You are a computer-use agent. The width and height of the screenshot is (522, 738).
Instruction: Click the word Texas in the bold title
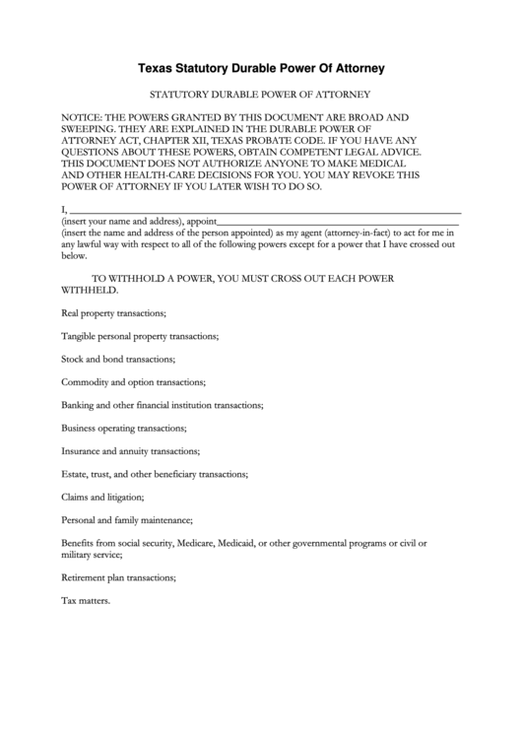click(x=156, y=69)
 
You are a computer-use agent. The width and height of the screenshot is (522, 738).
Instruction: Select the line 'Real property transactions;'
click(x=113, y=312)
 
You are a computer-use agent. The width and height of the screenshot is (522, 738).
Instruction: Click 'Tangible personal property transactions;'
click(x=140, y=336)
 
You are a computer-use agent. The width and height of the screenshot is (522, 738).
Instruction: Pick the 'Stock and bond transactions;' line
click(x=118, y=359)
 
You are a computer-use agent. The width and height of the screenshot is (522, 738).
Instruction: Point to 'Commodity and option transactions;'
click(x=133, y=382)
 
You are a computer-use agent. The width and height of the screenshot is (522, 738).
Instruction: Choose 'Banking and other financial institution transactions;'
click(x=162, y=405)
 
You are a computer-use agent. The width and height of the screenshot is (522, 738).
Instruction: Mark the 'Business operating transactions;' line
click(x=123, y=429)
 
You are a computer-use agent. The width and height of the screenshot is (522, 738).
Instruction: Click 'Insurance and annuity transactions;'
click(x=130, y=451)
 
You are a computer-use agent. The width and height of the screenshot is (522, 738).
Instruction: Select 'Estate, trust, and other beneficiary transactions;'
click(x=154, y=475)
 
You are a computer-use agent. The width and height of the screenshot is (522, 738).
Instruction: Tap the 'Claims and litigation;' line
click(x=102, y=498)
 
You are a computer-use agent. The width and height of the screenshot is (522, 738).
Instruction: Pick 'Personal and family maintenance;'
click(x=126, y=520)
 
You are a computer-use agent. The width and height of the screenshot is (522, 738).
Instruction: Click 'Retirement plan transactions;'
click(x=118, y=576)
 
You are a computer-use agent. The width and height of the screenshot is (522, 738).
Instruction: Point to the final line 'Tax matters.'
click(x=86, y=600)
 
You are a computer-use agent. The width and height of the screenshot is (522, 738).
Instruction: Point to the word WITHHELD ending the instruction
click(x=89, y=291)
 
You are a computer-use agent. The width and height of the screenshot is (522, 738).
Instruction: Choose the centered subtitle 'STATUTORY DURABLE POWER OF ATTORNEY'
click(x=259, y=95)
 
